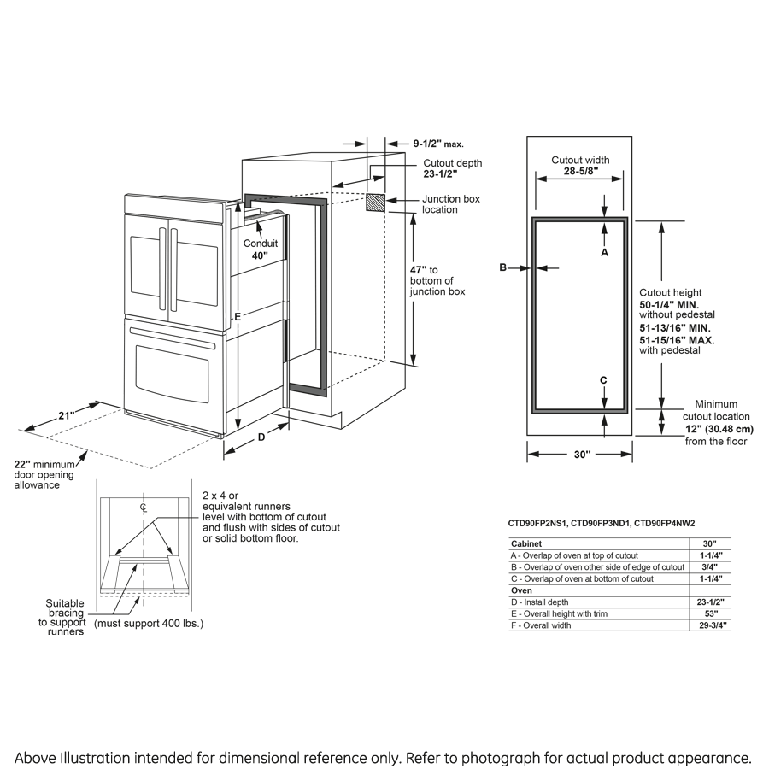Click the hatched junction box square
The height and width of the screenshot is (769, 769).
click(374, 203)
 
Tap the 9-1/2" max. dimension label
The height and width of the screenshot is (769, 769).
click(437, 144)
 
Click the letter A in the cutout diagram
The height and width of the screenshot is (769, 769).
click(604, 253)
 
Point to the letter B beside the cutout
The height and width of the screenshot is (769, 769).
click(503, 268)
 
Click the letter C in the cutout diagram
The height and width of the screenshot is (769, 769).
click(603, 380)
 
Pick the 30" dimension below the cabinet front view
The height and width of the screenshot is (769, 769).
click(582, 455)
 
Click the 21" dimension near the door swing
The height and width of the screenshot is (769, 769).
click(67, 415)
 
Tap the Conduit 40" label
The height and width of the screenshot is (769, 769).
click(261, 249)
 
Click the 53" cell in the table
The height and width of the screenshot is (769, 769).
click(710, 613)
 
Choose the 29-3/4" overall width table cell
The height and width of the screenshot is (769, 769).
click(710, 625)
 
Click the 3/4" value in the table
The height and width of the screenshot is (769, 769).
click(710, 566)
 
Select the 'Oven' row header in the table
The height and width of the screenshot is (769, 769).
click(521, 590)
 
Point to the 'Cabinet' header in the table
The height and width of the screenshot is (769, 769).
click(526, 543)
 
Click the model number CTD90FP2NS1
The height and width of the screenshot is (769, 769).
click(537, 523)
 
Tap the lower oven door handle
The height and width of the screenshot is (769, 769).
click(172, 344)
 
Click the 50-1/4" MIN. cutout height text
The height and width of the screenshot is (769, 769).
click(674, 304)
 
